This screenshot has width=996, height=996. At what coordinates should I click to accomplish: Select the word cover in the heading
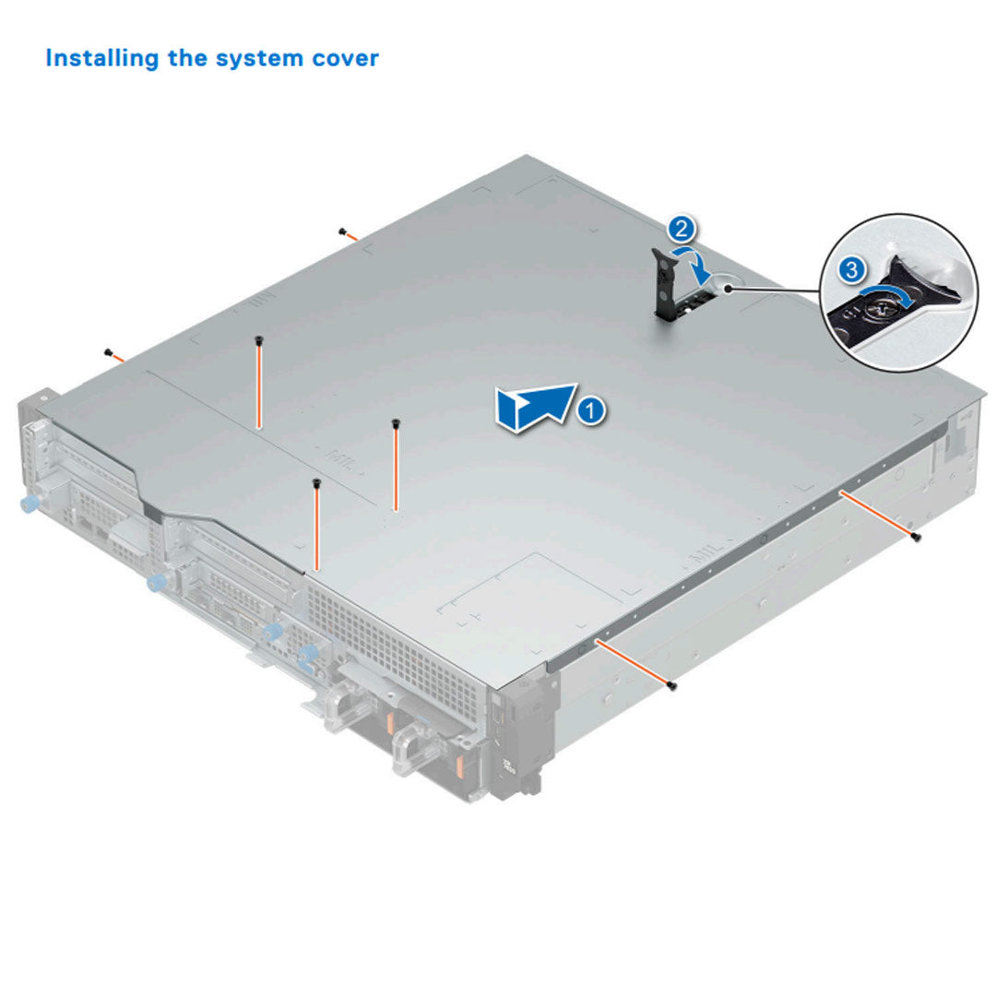point(342,58)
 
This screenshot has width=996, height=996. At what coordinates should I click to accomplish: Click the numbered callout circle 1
point(592,409)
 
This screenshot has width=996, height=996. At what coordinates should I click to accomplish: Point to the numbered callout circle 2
point(680,228)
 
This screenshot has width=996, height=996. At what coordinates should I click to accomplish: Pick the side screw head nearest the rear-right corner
point(915,537)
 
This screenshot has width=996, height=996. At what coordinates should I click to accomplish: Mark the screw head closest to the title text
point(342,231)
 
